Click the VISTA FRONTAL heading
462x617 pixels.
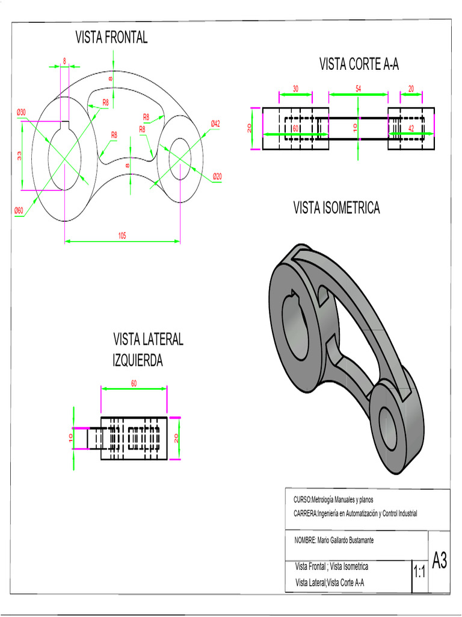(x=111, y=38)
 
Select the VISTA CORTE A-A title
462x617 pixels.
(x=359, y=64)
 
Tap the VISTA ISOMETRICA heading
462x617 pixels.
(x=336, y=208)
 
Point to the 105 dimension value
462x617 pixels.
(x=122, y=236)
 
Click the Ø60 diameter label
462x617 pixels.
(x=19, y=210)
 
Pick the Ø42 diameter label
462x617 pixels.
(x=215, y=124)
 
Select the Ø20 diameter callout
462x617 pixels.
(x=217, y=176)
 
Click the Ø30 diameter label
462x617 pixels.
(x=21, y=113)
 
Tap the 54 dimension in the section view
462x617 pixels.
(x=358, y=89)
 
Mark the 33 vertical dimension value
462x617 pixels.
(x=19, y=155)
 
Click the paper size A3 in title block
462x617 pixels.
(x=439, y=562)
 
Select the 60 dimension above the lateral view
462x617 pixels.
(x=134, y=383)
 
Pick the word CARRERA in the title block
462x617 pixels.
(x=305, y=513)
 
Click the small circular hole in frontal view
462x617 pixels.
(x=180, y=159)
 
